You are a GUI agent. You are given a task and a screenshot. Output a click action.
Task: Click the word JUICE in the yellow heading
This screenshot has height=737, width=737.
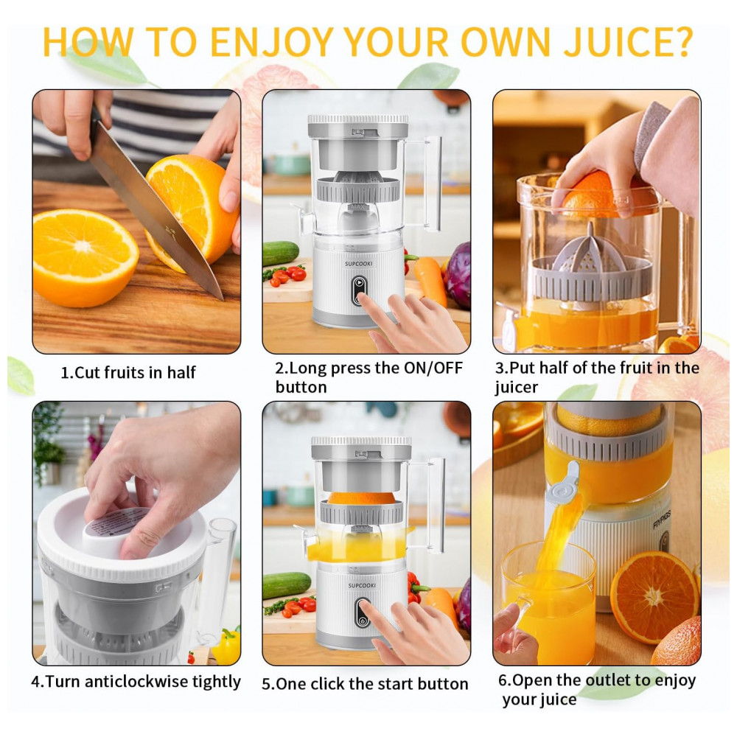pos(628,42)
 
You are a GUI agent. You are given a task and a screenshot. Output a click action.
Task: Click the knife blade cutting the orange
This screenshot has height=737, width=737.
pos(155,212)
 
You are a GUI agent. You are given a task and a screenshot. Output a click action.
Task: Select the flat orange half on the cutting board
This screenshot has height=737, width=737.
pos(85,257)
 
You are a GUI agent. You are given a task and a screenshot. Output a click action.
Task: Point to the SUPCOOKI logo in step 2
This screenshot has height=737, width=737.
pos(359,264)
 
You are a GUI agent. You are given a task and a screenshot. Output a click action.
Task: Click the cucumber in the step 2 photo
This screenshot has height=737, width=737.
pos(281,253)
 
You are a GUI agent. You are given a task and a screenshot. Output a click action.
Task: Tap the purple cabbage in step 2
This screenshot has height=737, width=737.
pos(458,274)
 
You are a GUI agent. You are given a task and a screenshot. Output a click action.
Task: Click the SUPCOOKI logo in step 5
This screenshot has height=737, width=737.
pos(362,586)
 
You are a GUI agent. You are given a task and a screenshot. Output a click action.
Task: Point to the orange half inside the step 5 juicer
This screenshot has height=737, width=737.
pos(361,497)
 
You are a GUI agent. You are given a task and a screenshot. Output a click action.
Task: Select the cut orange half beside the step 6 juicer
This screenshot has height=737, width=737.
pos(654,597)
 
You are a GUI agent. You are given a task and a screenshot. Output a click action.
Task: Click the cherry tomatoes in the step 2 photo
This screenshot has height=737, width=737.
pos(287,276)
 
